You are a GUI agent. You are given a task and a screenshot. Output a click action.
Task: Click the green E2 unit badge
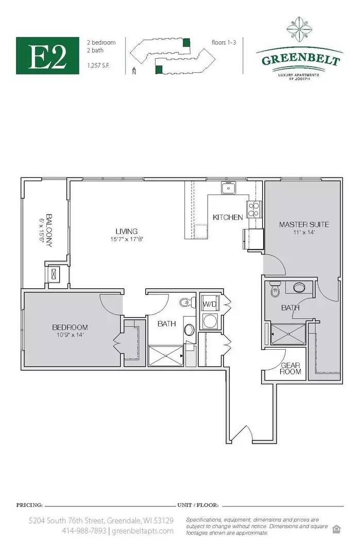pos(47,55)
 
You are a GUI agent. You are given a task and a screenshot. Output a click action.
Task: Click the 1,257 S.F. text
pos(98,65)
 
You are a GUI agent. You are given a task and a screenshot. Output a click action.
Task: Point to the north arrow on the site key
pos(134,70)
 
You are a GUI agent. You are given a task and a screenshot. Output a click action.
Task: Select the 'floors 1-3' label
pos(224,42)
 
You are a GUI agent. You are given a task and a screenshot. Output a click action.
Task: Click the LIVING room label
pos(126,231)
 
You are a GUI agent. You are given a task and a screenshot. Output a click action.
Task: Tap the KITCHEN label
pos(228,217)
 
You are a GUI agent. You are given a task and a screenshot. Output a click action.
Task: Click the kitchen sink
pos(229,188)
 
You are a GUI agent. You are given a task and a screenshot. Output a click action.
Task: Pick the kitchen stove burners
pos(254,209)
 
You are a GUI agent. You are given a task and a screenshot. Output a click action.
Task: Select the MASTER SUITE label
pos(304,224)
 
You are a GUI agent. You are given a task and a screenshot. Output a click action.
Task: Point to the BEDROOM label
pos(70,327)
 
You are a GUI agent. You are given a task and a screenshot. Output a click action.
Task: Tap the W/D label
pos(209,304)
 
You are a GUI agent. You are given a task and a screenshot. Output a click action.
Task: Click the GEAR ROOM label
pos(290,368)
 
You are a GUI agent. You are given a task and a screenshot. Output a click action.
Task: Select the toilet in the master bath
pos(275,289)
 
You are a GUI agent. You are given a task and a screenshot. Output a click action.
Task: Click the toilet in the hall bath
pos(187,302)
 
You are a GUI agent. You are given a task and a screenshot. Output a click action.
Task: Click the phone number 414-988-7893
pos(84,531)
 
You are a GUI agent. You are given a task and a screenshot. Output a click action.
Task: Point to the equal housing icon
pos(336,529)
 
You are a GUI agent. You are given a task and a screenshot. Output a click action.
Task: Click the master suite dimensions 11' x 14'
pos(304,232)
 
